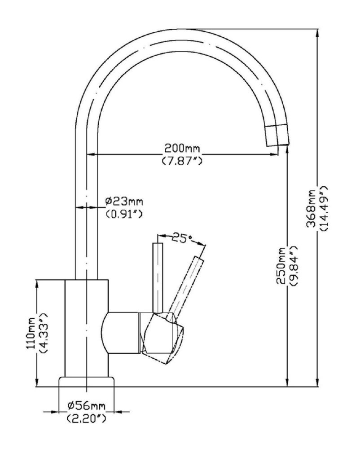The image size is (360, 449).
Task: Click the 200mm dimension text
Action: [181, 148]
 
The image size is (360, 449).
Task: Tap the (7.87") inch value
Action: [181, 160]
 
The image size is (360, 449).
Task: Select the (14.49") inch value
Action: [324, 207]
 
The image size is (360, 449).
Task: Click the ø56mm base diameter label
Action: [86, 406]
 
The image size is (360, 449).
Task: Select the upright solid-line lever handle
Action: [158, 276]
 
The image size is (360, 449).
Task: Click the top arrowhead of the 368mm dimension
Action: [318, 34]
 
